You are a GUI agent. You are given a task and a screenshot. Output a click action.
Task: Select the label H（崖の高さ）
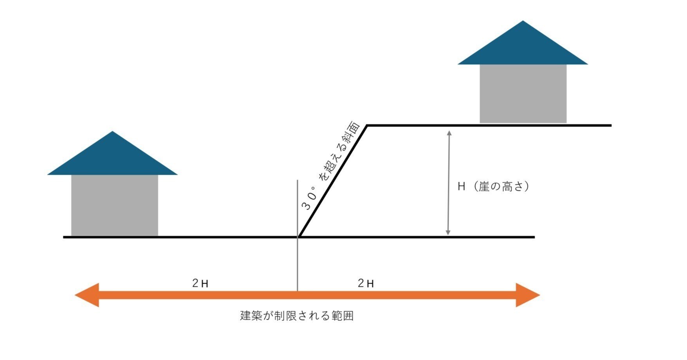pyautogui.click(x=494, y=186)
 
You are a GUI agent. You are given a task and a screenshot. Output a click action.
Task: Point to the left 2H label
pyautogui.click(x=200, y=283)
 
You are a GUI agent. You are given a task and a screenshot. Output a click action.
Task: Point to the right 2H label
pyautogui.click(x=366, y=283)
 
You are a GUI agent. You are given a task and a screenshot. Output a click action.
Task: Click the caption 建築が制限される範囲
pyautogui.click(x=297, y=316)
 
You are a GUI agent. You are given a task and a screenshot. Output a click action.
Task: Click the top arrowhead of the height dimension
pyautogui.click(x=449, y=133)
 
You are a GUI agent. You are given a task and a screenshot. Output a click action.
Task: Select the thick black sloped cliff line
pyautogui.click(x=333, y=181)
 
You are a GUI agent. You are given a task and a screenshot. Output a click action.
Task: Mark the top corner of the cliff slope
pyautogui.click(x=367, y=125)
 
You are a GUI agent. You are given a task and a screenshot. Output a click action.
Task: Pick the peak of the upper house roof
pyautogui.click(x=523, y=22)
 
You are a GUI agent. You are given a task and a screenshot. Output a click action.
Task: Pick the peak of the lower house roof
pyautogui.click(x=113, y=132)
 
